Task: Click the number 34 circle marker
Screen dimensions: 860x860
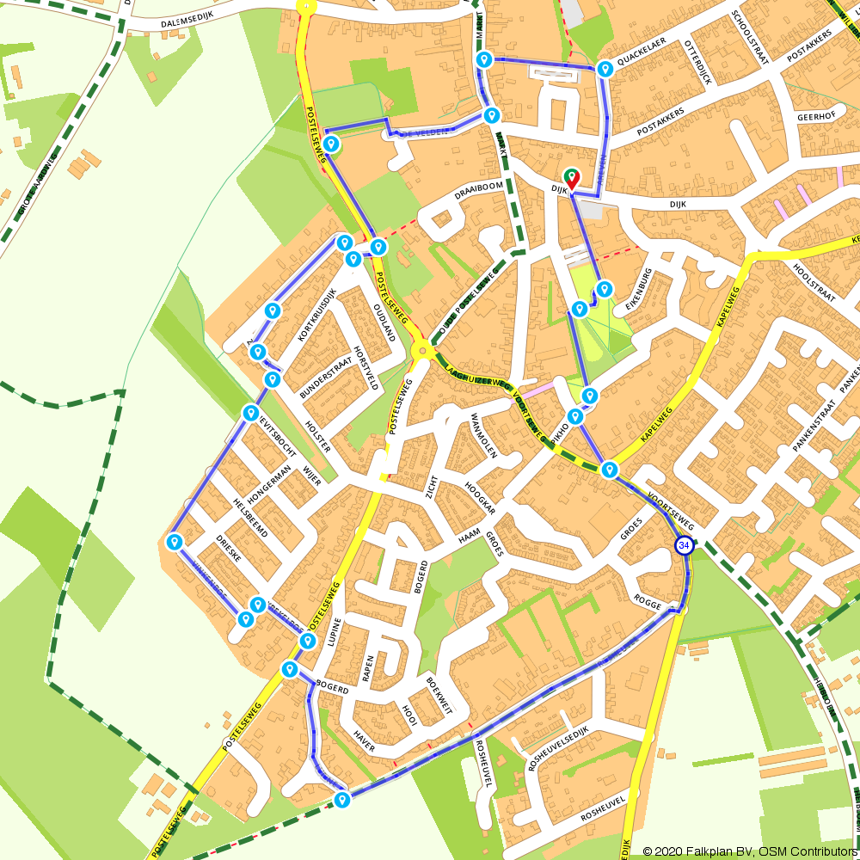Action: coord(684,546)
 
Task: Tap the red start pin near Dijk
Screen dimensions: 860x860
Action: coord(572,178)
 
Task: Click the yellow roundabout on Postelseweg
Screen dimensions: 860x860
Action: coord(421,350)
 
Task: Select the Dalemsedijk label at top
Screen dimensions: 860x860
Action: coord(188,25)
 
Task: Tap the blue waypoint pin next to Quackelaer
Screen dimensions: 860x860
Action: coord(605,68)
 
